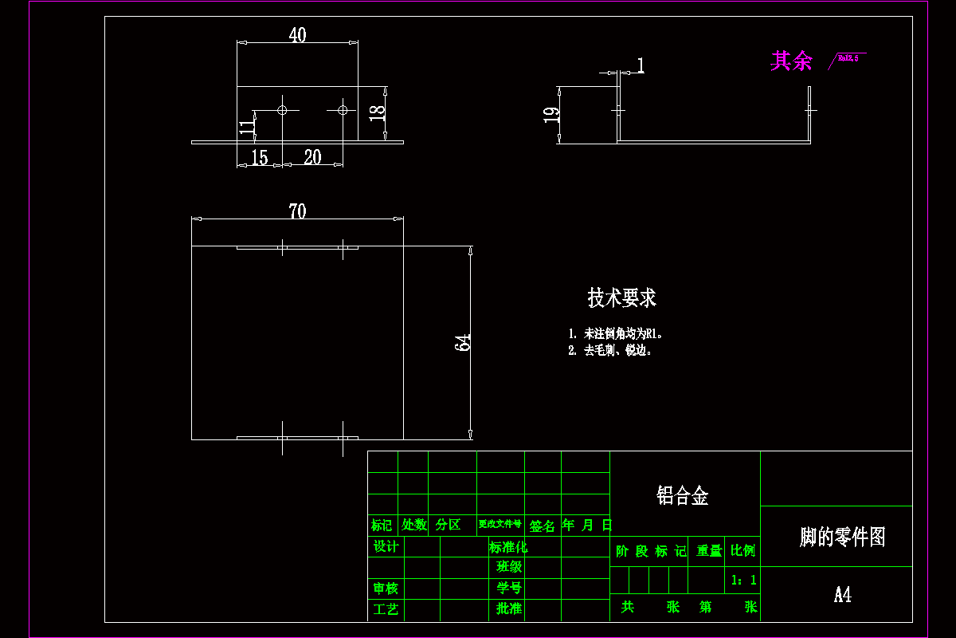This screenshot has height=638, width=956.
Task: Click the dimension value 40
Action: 297,35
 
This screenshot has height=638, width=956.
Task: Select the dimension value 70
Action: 297,211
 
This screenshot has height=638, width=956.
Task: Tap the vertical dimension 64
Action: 462,342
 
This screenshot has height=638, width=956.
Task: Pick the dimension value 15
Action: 260,158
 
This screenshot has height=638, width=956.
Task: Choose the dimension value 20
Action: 312,157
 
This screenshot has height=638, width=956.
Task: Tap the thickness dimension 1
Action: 641,65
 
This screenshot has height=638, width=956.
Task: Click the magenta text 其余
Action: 791,61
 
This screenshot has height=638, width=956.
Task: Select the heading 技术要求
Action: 621,297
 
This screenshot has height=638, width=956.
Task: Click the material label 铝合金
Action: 683,496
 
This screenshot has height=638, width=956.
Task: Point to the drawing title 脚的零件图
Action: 842,537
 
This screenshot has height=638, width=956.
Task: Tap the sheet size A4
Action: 842,595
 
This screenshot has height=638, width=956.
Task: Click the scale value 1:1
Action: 743,581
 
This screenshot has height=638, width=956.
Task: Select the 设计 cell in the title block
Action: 386,546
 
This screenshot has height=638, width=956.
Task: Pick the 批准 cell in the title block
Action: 508,608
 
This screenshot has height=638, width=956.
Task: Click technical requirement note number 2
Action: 610,350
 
